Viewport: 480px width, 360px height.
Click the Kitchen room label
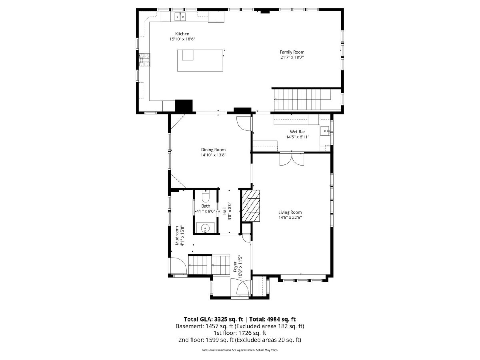pyautogui.click(x=182, y=34)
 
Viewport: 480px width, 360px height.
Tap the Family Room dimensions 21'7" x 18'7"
pyautogui.click(x=292, y=58)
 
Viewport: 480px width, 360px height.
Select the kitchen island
pyautogui.click(x=200, y=60)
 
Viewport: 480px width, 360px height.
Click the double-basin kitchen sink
pyautogui.click(x=180, y=17)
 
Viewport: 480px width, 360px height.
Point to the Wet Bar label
pyautogui.click(x=298, y=132)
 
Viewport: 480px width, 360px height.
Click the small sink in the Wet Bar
pyautogui.click(x=325, y=131)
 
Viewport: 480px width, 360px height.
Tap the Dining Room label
pyautogui.click(x=213, y=150)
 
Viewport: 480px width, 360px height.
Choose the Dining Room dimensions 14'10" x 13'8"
pyautogui.click(x=213, y=155)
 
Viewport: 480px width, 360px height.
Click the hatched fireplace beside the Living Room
pyautogui.click(x=250, y=206)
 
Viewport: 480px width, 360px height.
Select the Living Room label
pyautogui.click(x=290, y=212)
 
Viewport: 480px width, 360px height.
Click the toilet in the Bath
pyautogui.click(x=206, y=196)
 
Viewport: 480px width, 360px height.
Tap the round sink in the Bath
pyautogui.click(x=205, y=228)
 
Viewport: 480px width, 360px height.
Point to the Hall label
pyautogui.click(x=224, y=211)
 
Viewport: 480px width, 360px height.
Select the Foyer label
pyautogui.click(x=235, y=267)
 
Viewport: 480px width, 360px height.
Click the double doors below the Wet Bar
pyautogui.click(x=292, y=160)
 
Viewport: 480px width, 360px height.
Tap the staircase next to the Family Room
pyautogui.click(x=303, y=99)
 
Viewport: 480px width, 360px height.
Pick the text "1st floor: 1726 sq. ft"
pyautogui.click(x=240, y=333)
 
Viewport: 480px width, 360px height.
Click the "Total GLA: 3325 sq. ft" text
pyautogui.click(x=214, y=319)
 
